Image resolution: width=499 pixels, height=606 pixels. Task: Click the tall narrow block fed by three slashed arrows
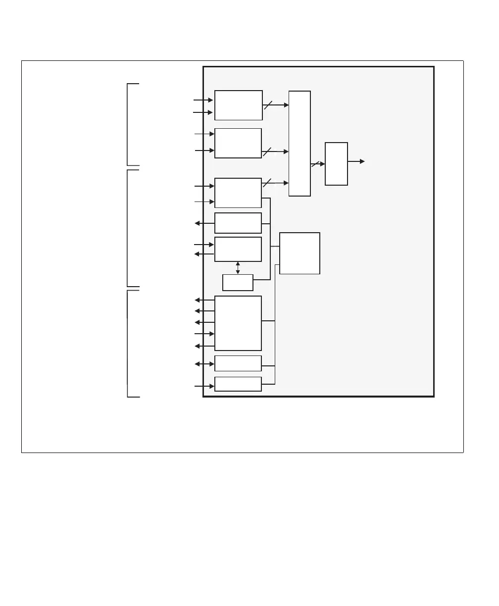coord(299,144)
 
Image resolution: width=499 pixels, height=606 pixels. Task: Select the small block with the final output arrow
coord(336,164)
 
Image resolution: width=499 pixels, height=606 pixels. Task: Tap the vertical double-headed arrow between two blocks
coord(238,268)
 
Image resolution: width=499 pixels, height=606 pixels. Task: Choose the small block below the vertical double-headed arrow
coord(238,283)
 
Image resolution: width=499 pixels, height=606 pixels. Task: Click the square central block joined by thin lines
coord(299,253)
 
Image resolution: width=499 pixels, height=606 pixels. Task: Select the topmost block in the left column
coord(238,105)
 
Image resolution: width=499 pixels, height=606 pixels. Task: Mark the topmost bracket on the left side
coord(128,125)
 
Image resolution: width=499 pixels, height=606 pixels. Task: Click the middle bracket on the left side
coord(128,228)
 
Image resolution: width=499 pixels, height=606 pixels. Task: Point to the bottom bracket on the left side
coord(128,344)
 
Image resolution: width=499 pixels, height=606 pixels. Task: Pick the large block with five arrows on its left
coord(238,323)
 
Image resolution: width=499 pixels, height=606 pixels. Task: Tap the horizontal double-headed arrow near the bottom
coord(204,364)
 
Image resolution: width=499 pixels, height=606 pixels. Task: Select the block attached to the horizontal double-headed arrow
coord(238,363)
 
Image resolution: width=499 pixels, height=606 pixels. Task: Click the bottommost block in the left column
coord(238,384)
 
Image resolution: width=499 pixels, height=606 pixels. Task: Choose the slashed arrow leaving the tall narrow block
coord(317,164)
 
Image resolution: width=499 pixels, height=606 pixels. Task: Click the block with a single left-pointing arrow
coord(238,223)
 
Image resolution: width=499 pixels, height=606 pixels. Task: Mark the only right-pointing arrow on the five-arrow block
coord(204,334)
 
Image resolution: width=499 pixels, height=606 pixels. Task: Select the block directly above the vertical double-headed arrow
coord(238,249)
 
